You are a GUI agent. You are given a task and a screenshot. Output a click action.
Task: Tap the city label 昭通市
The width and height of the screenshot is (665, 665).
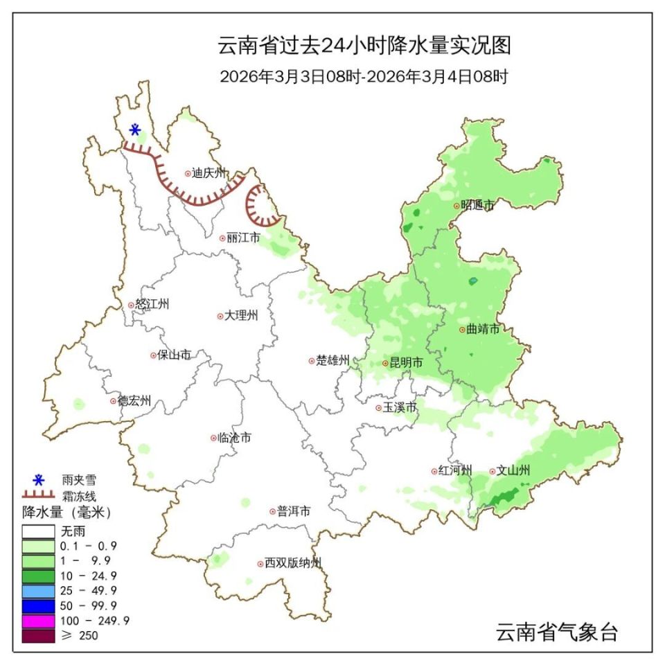[478, 205]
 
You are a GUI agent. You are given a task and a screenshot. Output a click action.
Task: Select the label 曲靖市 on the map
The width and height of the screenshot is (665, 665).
[483, 330]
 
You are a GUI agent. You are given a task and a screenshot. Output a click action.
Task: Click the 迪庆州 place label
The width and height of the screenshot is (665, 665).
[209, 174]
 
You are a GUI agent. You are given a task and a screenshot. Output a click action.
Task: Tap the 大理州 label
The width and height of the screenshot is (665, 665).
[241, 316]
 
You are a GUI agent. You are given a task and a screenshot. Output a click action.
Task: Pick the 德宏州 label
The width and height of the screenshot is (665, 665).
[134, 401]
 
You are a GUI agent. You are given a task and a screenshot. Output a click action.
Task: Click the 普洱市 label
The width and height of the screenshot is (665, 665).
[294, 512]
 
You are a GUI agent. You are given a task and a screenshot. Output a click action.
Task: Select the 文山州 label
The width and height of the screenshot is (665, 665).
[513, 471]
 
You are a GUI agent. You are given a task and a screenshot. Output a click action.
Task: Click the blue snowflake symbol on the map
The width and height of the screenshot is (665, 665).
[136, 129]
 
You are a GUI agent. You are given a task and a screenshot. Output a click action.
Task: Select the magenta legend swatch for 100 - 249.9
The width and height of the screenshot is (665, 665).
[38, 620]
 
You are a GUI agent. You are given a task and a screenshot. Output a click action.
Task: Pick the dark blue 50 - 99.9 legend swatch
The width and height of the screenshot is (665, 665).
[38, 605]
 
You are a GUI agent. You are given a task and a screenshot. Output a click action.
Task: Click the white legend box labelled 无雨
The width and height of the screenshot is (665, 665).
[38, 531]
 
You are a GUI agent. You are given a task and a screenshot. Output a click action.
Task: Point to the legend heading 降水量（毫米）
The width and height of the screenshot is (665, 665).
[66, 513]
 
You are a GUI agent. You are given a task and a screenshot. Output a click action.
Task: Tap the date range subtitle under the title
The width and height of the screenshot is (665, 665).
[364, 76]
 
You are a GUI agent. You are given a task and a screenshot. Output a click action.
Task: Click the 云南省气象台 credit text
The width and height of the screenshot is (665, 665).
[556, 632]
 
